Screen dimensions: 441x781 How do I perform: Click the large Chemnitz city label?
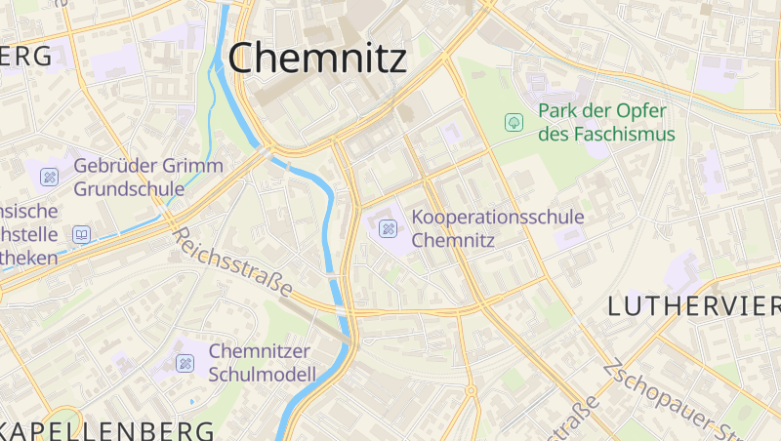tap(317, 59)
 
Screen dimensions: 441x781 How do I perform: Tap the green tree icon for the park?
tap(513, 122)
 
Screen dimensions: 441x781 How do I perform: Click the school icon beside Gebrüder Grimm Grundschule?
tap(49, 178)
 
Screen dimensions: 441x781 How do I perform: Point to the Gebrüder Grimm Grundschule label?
tap(147, 177)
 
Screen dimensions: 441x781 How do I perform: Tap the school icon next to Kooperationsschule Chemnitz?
tap(388, 228)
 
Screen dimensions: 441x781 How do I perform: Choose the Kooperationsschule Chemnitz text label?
tap(498, 227)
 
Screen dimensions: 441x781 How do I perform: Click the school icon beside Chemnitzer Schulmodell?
tap(185, 363)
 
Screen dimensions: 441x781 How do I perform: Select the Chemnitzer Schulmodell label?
tap(262, 362)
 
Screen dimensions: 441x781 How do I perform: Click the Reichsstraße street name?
tap(232, 261)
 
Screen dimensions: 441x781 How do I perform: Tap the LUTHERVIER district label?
tap(693, 305)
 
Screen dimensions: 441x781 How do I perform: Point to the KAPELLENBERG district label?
tap(107, 430)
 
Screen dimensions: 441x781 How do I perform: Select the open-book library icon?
tap(82, 234)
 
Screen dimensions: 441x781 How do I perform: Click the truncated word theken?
tap(29, 258)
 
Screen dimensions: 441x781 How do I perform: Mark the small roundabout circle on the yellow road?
tap(470, 390)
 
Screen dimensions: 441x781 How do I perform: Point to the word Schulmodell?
tap(263, 374)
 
